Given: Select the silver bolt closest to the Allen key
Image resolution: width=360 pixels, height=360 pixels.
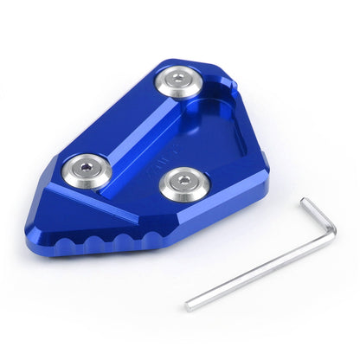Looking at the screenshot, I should pyautogui.click(x=184, y=183).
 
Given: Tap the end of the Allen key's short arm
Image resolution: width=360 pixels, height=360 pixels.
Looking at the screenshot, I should pyautogui.click(x=305, y=201).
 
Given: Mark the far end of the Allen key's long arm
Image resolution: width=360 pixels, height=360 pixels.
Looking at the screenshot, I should pyautogui.click(x=189, y=306).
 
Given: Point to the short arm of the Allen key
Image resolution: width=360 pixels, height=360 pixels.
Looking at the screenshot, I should pyautogui.click(x=318, y=216).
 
